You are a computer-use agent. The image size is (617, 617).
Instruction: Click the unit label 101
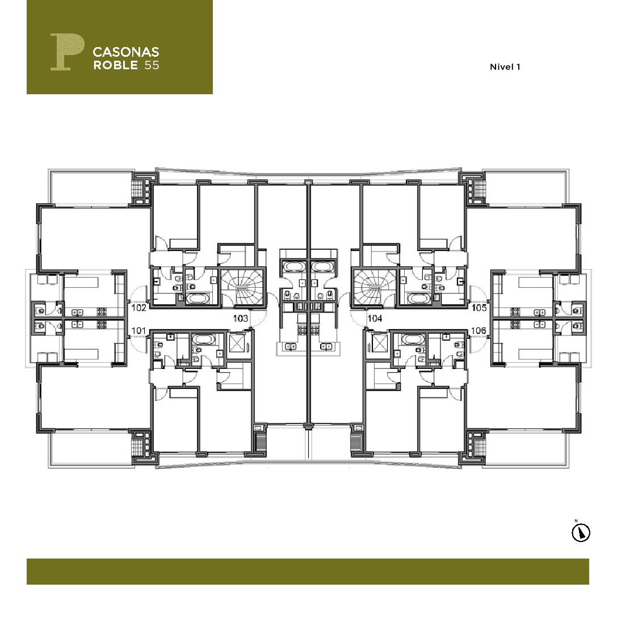[x=138, y=330]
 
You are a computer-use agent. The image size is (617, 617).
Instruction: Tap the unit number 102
[x=138, y=308]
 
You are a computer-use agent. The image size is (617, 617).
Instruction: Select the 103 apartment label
[x=241, y=318]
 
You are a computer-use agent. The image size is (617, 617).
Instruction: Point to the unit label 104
[x=375, y=318]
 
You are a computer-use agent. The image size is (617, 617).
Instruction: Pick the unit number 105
[x=479, y=308]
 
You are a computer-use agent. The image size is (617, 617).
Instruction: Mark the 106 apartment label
[x=479, y=330]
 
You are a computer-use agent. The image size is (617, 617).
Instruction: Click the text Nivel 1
[x=505, y=67]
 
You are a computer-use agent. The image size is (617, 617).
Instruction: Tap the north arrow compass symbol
[x=581, y=533]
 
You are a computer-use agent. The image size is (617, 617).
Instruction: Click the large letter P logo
[x=67, y=52]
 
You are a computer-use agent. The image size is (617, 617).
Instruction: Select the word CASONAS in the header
[x=126, y=52]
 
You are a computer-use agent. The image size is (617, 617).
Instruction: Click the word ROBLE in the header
[x=116, y=65]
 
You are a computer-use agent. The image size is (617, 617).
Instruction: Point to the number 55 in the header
[x=152, y=65]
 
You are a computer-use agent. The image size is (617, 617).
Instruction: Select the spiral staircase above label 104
[x=374, y=287]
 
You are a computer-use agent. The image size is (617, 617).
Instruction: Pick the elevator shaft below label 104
[x=379, y=343]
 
